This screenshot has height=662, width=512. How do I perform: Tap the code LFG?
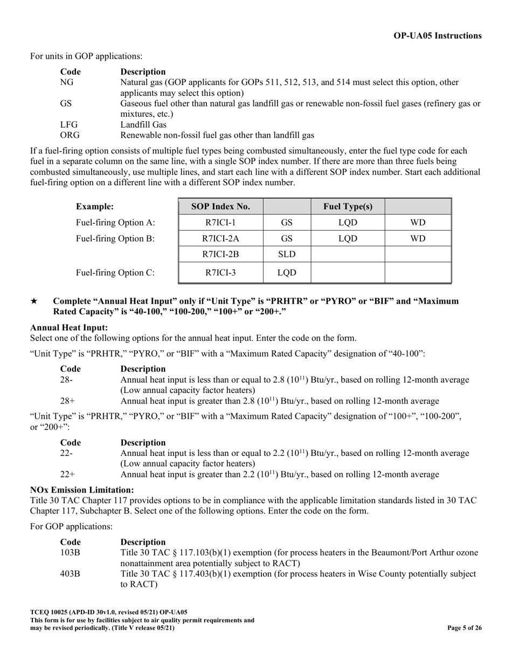click(70, 125)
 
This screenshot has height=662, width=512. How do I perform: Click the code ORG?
click(70, 135)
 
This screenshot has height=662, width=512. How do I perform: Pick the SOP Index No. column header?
click(220, 206)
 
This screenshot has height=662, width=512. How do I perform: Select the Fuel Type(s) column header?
click(348, 206)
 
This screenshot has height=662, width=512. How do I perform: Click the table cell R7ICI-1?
click(220, 222)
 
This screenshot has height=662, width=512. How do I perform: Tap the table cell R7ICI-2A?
click(220, 238)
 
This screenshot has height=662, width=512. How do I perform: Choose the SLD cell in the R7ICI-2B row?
click(287, 254)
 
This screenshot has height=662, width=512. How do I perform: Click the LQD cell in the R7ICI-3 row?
click(287, 273)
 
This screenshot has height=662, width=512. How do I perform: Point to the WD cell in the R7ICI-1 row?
click(418, 222)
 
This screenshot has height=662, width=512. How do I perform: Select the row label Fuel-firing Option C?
click(115, 273)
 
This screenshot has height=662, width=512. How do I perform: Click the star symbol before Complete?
click(34, 301)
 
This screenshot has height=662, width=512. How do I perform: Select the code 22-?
click(66, 453)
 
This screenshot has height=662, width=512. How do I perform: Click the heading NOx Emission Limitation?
click(82, 490)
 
